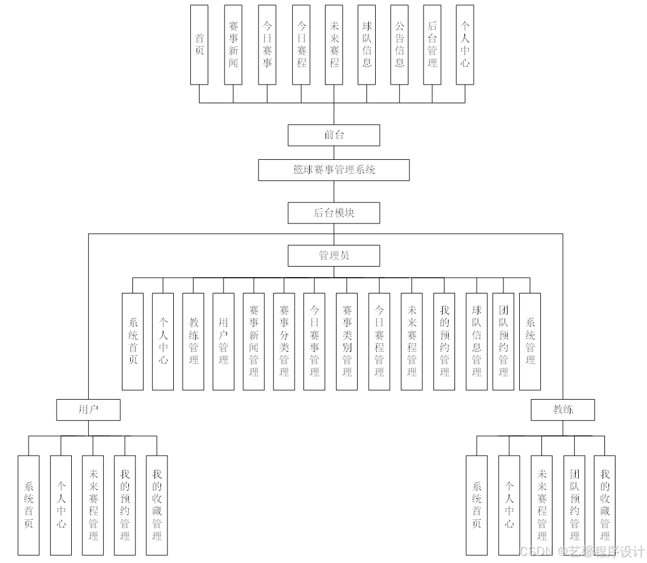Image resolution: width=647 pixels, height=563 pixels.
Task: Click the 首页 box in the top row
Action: pos(199,45)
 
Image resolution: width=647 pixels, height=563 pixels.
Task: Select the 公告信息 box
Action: pos(399,45)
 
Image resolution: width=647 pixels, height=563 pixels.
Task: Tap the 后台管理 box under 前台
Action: pos(432,45)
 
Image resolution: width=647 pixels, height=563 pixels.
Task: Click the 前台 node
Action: pos(334,135)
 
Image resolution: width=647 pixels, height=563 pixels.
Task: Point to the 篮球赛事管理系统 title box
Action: pos(334,170)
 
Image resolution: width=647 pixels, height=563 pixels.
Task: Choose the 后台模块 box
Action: pos(334,213)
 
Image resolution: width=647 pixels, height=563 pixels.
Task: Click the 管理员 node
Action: pos(334,256)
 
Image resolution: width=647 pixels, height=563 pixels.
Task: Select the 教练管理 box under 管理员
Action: pos(193,341)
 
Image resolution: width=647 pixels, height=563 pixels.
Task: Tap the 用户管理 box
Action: pos(223,341)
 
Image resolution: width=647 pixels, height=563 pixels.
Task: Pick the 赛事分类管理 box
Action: pos(284,341)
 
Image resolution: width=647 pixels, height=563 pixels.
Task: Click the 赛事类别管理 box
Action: pos(347,341)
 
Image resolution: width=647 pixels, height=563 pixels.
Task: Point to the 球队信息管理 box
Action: pos(477,341)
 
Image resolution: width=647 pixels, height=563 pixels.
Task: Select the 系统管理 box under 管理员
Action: pos(530,341)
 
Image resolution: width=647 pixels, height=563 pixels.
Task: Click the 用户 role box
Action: pos(88,410)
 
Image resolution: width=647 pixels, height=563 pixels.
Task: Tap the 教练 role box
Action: pos(563,410)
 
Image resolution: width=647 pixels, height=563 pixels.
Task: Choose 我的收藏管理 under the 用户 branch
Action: pos(157,505)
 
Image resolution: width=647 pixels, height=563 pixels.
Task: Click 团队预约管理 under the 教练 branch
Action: pos(574,505)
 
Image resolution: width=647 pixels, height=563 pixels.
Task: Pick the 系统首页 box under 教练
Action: pos(477,505)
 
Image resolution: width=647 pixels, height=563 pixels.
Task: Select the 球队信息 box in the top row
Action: pos(366,45)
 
